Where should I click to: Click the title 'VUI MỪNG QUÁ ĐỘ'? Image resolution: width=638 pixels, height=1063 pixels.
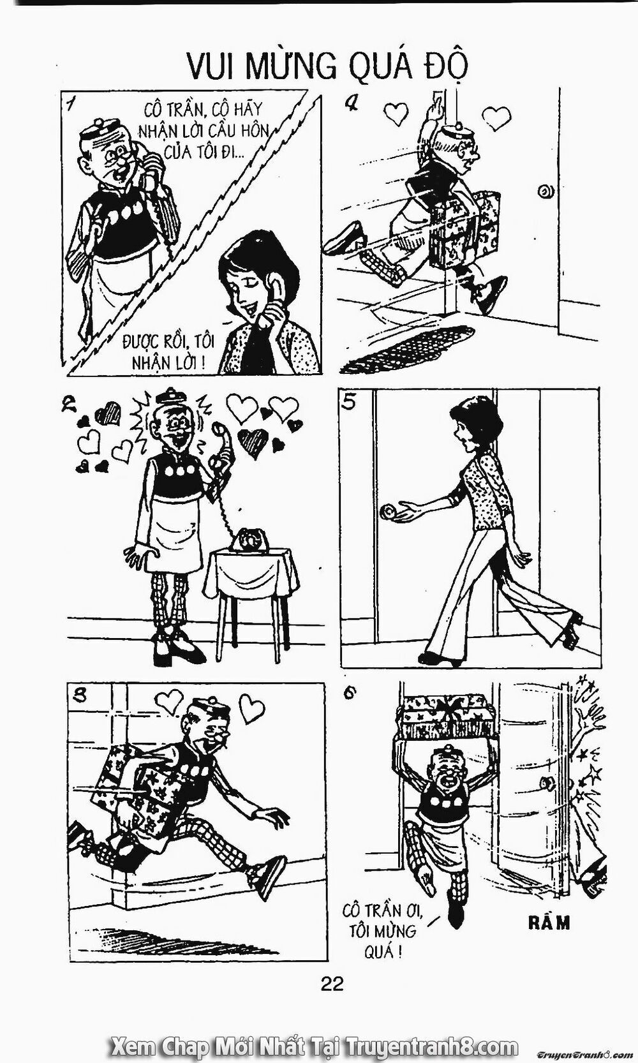coord(327,66)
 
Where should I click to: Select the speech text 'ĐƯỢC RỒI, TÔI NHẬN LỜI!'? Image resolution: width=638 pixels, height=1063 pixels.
coord(168,352)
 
